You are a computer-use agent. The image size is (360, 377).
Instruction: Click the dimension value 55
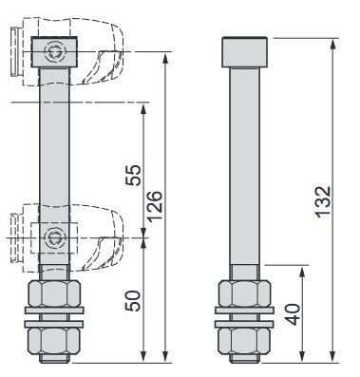tap(133, 176)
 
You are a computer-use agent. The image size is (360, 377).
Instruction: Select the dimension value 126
tap(155, 206)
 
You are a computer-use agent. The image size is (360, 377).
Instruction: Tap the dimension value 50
tap(133, 301)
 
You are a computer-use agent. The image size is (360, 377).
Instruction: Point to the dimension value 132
tap(323, 202)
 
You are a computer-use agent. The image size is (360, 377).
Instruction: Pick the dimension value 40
tap(293, 314)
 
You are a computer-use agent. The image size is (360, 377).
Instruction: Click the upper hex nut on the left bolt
tap(54, 293)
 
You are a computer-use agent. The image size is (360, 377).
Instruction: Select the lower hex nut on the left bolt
tap(54, 341)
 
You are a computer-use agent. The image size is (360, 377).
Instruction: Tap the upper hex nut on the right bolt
tap(245, 293)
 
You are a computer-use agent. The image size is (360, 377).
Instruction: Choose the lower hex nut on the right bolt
tap(245, 341)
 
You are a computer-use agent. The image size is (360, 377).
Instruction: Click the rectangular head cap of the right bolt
tap(245, 52)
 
